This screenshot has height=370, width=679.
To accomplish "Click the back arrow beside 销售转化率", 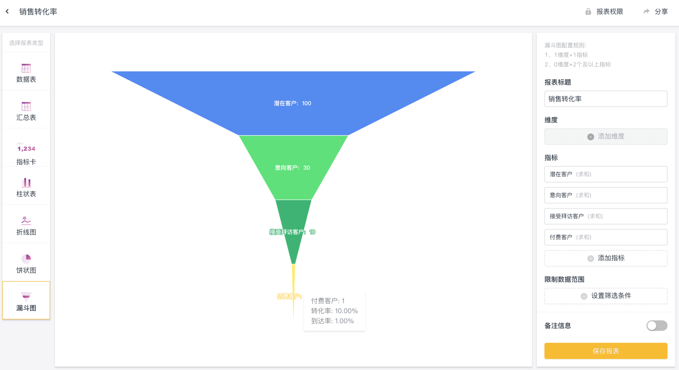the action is coord(7,12).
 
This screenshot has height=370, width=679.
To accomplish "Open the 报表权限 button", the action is coord(604,12).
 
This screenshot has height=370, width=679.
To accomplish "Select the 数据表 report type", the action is coord(26,73).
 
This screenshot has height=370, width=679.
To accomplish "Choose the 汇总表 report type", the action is coord(26,111).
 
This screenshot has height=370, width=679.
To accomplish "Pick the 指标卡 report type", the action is coord(26,154).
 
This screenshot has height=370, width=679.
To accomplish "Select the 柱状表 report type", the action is coord(26,187).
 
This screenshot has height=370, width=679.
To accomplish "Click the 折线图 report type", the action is coord(26,225).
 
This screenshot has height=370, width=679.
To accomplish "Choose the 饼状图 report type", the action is coord(26,264).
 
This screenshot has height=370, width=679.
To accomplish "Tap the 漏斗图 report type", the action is coord(26,301).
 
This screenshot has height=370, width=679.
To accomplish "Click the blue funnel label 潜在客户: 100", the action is coord(292,103).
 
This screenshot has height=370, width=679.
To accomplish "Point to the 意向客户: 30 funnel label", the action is coord(292,168).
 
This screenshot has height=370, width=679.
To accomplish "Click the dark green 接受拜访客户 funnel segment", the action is coord(294,216).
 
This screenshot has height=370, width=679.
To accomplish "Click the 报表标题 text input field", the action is coord(605,99).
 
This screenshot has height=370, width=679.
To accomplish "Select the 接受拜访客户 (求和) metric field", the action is coord(605,216).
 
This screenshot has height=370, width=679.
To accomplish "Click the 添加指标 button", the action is coord(605,258).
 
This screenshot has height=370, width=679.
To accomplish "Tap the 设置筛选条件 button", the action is coord(605,296).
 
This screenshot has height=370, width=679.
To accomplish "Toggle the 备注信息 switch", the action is coord(656,325).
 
